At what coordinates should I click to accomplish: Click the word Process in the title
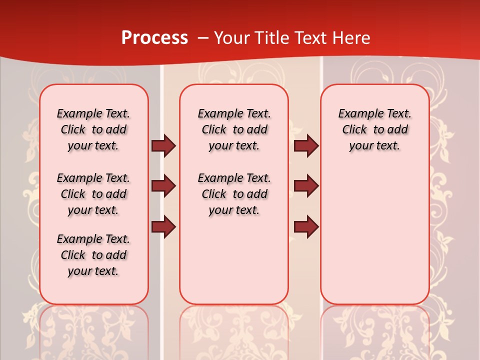[154, 38]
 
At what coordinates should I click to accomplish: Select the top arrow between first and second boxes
[163, 146]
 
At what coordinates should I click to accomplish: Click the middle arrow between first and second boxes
[163, 186]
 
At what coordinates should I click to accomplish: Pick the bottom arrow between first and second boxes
[163, 227]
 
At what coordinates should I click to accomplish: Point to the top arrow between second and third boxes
[306, 146]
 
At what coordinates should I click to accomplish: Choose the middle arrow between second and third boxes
[306, 186]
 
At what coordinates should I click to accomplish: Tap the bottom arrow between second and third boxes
[306, 227]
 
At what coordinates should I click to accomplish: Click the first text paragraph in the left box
[93, 129]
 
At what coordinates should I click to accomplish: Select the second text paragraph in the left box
[93, 194]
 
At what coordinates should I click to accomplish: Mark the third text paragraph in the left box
[93, 255]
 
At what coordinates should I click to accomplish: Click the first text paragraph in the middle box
[234, 129]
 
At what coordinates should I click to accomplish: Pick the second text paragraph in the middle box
[234, 194]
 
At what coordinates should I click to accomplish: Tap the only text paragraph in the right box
[374, 129]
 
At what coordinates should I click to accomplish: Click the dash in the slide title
[203, 38]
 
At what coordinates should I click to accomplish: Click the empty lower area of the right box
[374, 235]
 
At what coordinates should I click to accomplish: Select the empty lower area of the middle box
[234, 260]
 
